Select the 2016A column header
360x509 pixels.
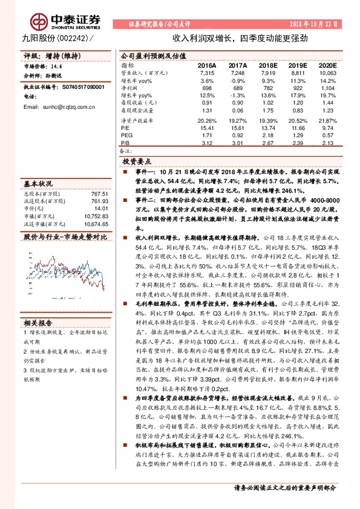coord(206,64)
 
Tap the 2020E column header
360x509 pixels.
coord(327,64)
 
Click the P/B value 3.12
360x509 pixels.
coord(207,143)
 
